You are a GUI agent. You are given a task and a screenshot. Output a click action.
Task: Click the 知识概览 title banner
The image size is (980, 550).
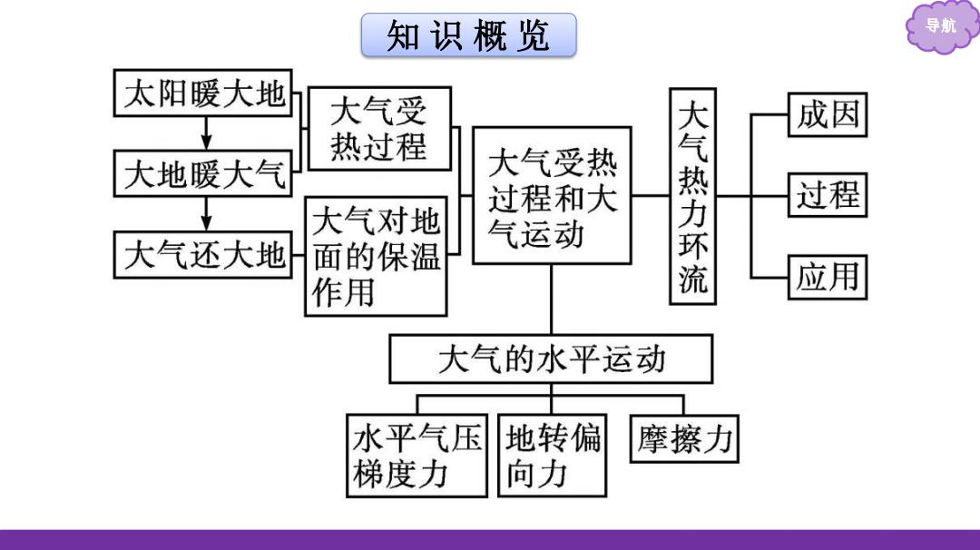pos(469,35)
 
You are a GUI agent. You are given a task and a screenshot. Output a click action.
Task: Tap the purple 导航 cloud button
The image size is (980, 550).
pos(941,26)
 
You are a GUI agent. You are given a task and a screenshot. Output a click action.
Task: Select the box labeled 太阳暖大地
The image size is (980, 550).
pos(203,93)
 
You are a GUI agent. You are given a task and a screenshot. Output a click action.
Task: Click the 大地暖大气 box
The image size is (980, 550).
pos(203,173)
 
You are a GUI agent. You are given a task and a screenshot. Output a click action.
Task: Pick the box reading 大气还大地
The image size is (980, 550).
pos(203,254)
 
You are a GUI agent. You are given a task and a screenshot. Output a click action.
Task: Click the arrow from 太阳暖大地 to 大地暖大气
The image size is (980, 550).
pos(206,133)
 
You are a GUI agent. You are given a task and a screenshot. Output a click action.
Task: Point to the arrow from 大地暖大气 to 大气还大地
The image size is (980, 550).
pos(206,214)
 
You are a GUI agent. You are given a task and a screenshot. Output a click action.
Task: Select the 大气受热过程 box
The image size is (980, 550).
pos(379,129)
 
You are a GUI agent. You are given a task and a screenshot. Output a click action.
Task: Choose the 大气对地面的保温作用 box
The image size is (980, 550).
pos(377,256)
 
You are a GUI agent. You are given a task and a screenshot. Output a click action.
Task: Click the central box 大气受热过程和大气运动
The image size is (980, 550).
pos(552,196)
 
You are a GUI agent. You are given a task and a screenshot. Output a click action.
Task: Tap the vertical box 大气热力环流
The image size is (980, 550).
pos(692,196)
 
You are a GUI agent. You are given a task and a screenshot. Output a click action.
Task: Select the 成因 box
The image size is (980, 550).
pos(828,114)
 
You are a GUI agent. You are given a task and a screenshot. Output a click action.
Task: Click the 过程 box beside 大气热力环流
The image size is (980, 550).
pos(828,195)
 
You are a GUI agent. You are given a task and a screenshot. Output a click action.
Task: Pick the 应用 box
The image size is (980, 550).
pos(828,277)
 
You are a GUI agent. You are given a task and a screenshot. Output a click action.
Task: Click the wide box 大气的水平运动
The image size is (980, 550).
pos(551,358)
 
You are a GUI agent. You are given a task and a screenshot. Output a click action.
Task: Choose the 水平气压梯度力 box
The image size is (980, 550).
pos(416,456)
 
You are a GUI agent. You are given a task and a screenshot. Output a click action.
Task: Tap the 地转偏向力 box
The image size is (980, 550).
pos(552,456)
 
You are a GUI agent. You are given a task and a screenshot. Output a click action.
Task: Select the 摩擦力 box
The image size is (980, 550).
pos(684,438)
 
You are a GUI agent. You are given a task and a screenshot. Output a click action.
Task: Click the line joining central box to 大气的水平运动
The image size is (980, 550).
pos(552,300)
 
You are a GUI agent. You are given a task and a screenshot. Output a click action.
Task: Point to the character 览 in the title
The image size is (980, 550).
pos(534,35)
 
